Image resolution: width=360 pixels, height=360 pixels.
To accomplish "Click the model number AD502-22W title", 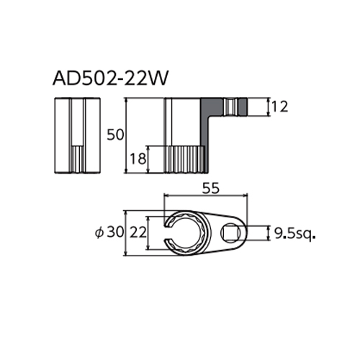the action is point(109,78).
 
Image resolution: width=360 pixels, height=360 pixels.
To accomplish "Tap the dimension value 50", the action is point(115,135).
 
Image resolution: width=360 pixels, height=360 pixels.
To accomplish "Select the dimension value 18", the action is point(138,158).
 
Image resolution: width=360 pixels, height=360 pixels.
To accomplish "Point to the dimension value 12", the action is point(279,107).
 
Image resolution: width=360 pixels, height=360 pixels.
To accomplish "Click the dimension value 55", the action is point(211,189).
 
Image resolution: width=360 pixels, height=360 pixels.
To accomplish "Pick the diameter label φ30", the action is point(109,233).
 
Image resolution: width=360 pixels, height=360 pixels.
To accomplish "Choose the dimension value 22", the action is point(138,233).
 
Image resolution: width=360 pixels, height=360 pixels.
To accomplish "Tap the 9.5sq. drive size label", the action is point(294,233).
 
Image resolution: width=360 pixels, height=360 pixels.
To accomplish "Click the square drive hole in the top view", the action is point(230,233).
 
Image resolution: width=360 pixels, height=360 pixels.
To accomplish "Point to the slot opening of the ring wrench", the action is point(167,233).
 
